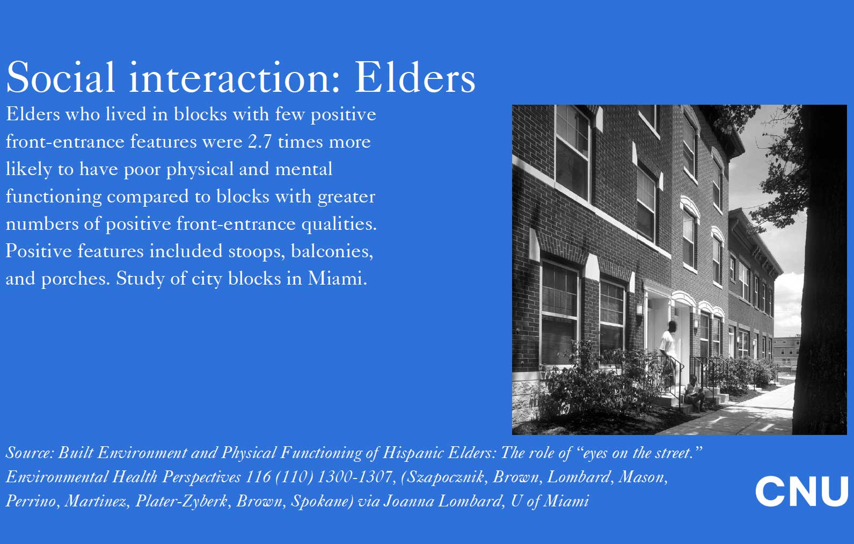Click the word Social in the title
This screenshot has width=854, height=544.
click(61, 77)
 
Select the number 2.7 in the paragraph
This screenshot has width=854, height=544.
click(260, 142)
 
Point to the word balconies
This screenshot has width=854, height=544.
click(332, 251)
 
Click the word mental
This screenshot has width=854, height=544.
click(304, 169)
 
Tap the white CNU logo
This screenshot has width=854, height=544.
click(802, 491)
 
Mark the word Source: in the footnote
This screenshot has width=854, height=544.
click(30, 453)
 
